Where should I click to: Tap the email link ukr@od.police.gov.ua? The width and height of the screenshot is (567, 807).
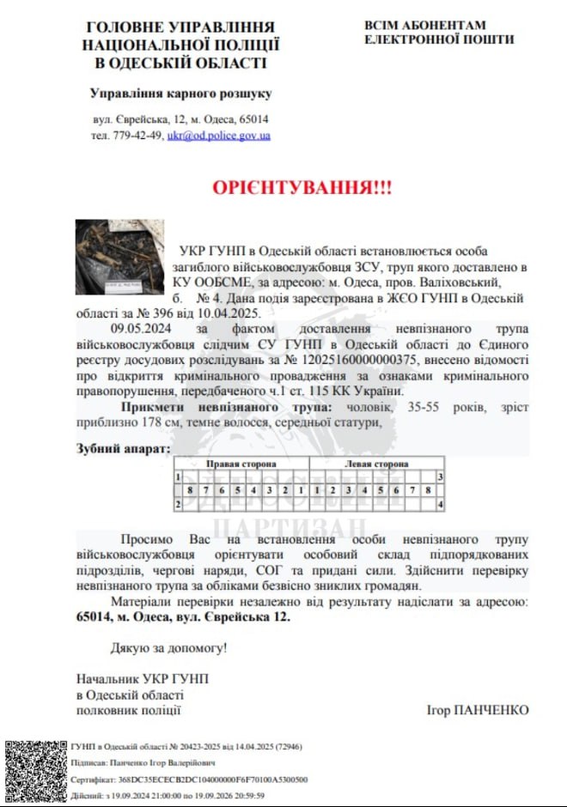[219, 136]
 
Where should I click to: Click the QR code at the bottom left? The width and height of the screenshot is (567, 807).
[34, 771]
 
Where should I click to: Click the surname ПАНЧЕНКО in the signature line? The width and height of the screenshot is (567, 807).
[490, 710]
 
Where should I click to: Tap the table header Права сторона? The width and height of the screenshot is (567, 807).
[241, 464]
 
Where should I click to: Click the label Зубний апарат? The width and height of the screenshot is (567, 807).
[123, 448]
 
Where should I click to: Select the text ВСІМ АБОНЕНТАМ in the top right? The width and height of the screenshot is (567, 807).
[425, 26]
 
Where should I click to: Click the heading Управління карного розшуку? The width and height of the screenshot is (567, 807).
[180, 93]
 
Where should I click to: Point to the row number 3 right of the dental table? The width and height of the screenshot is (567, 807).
[440, 476]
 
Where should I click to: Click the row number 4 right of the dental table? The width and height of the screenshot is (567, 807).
[440, 505]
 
